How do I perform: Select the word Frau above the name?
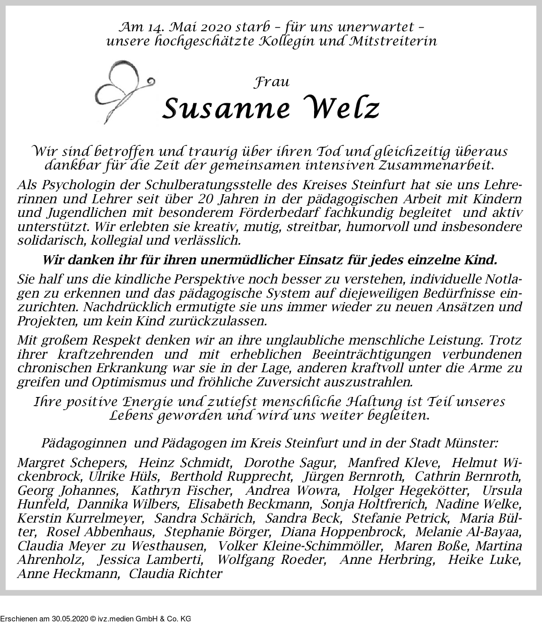[272, 82]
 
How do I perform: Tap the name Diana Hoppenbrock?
[343, 532]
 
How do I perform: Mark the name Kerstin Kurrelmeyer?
[81, 518]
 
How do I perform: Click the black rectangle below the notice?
[95, 614]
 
